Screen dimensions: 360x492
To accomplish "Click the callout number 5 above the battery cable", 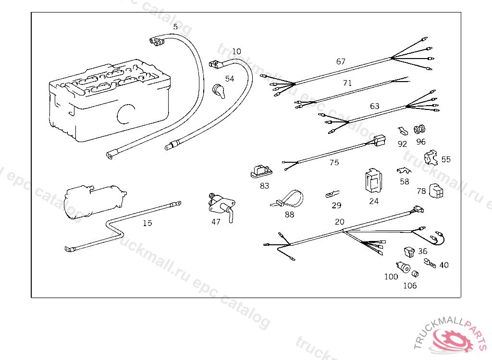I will click(175, 27).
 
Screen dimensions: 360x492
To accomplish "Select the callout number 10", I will click(236, 51).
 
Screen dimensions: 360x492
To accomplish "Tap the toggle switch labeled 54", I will click(219, 90).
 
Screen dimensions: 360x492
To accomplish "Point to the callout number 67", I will click(341, 61).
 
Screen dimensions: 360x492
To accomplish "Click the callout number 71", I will click(347, 83).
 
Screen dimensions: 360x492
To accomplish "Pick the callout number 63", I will click(375, 106).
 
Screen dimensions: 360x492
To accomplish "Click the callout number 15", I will click(147, 223).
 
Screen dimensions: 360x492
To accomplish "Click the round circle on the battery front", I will click(126, 115).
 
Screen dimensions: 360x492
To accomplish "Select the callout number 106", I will click(410, 286).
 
